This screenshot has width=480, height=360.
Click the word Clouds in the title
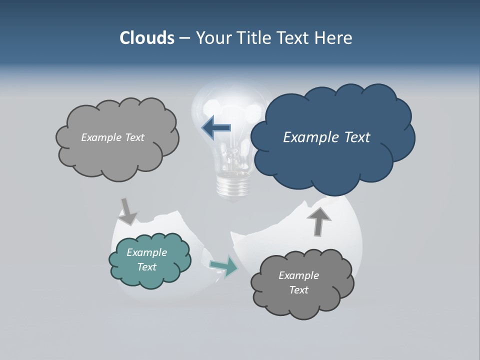(146, 38)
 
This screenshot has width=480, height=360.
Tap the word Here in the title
(333, 38)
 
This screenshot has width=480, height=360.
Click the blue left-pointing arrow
(216, 128)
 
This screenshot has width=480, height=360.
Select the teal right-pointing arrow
(224, 266)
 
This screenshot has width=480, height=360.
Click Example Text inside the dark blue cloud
(326, 137)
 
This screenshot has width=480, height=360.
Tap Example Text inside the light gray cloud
(112, 137)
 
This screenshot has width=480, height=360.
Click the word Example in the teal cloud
(146, 252)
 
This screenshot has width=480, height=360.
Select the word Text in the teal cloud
(146, 267)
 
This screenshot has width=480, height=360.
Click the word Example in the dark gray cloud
(298, 275)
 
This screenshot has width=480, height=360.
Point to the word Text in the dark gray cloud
(298, 290)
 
